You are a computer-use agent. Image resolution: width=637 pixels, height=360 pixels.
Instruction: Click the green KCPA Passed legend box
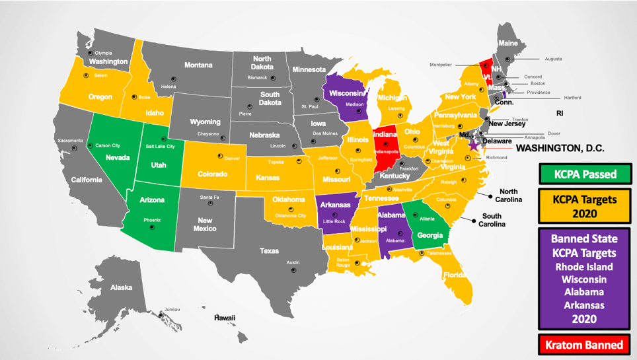(x=585, y=174)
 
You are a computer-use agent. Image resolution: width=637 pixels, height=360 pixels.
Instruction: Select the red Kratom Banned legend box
(x=585, y=345)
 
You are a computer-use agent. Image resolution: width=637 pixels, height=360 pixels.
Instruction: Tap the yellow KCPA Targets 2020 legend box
(x=585, y=205)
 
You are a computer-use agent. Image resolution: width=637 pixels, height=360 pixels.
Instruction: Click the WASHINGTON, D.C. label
(x=559, y=149)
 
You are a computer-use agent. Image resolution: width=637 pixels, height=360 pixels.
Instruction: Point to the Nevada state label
(x=118, y=158)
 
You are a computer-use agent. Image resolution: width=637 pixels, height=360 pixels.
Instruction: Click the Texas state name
(x=269, y=251)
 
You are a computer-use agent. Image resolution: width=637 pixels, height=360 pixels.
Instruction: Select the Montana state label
(x=198, y=65)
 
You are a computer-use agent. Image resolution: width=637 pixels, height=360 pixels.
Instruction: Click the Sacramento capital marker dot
(x=74, y=149)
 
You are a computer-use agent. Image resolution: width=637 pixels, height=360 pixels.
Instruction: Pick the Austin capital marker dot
(x=293, y=270)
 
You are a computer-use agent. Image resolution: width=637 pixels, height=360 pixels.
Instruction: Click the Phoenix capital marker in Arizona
(x=152, y=227)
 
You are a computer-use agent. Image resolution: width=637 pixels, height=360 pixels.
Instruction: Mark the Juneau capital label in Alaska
(x=172, y=309)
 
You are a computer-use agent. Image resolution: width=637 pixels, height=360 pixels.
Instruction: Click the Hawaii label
(x=224, y=318)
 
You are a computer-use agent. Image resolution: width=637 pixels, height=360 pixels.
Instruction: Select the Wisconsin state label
(x=346, y=93)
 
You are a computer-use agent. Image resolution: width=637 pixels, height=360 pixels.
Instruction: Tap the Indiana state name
(x=385, y=135)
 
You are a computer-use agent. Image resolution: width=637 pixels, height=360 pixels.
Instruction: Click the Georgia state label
(x=430, y=236)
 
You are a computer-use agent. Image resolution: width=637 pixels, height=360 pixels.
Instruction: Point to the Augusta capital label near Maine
(x=553, y=59)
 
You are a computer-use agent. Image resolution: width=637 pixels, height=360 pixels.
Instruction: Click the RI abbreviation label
(x=560, y=114)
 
